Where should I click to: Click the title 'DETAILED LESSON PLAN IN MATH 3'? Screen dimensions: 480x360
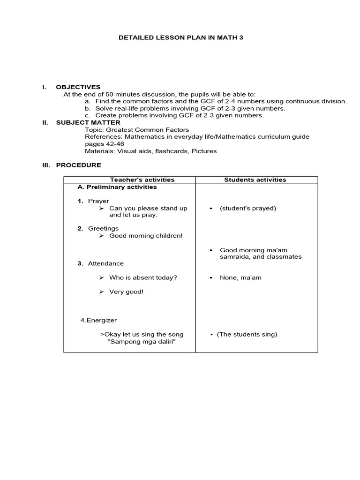point(180,37)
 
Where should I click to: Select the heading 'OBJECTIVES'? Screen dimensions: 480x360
point(78,87)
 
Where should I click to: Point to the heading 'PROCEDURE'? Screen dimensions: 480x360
point(78,165)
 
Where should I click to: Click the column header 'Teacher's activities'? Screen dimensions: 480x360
point(142,180)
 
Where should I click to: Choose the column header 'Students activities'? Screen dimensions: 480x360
point(255,180)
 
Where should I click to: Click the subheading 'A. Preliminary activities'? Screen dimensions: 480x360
point(117,187)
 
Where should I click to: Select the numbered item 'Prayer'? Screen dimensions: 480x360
point(98,201)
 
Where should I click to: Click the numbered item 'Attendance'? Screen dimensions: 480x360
point(106,263)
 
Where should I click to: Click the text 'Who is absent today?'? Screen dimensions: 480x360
point(143,277)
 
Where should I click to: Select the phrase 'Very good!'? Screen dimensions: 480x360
point(126,292)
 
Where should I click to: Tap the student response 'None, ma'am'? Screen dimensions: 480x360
point(240,277)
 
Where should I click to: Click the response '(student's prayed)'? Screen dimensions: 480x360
point(247,208)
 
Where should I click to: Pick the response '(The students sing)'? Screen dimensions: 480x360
point(247,334)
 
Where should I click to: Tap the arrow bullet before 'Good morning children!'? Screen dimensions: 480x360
point(101,236)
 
